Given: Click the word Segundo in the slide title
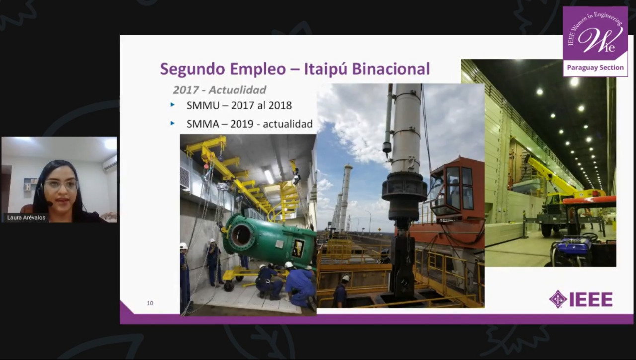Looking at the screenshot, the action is (194, 69).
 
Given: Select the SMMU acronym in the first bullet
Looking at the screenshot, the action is (203, 105).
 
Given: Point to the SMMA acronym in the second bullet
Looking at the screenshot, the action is (203, 124).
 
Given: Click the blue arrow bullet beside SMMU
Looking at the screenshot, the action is (172, 105).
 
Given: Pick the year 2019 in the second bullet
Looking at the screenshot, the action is (241, 124).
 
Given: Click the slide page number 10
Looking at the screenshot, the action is (150, 303).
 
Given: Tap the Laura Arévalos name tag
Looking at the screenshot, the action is (26, 218).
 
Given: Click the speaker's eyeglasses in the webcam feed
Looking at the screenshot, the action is (61, 185).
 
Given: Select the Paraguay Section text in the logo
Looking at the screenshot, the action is (595, 67).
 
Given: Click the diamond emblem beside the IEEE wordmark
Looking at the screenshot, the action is (558, 299).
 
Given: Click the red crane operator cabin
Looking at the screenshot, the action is (457, 189).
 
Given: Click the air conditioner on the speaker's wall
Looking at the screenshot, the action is (110, 163).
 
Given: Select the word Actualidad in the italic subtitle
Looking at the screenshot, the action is (238, 90).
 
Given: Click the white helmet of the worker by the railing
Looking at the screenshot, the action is (346, 278).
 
